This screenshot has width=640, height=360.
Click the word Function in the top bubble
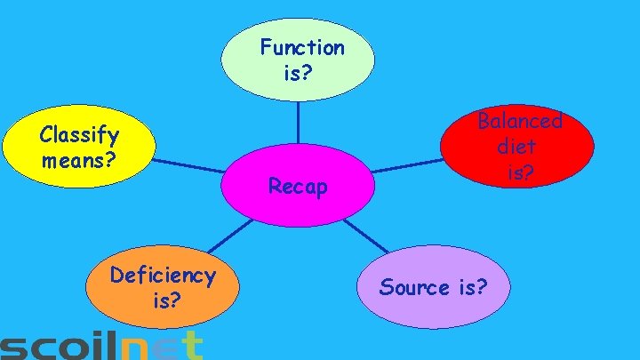click(302, 47)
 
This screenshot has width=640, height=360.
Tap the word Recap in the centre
click(298, 187)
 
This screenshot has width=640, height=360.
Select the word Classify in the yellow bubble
click(79, 136)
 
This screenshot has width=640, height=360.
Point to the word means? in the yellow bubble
click(79, 162)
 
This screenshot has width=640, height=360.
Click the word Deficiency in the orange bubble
click(163, 276)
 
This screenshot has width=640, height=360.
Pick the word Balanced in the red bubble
click(520, 120)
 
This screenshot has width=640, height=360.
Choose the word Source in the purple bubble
click(414, 287)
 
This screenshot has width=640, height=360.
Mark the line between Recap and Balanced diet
click(407, 165)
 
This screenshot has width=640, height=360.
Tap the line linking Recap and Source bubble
click(365, 236)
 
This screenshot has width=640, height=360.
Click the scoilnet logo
click(102, 347)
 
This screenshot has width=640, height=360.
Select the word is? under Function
click(298, 73)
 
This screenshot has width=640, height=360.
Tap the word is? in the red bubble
click(520, 172)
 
